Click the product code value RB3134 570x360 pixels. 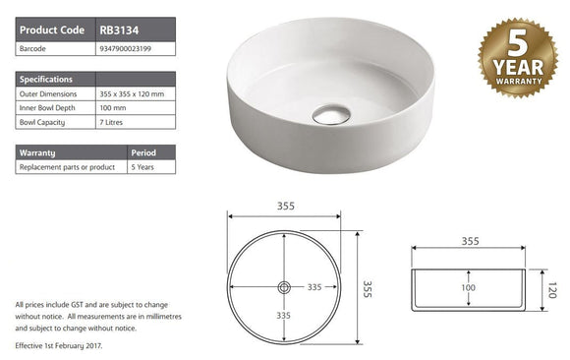[x=119, y=30]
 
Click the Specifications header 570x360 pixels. [x=46, y=79]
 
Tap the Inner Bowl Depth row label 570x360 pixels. [x=49, y=107]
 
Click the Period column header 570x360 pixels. [x=143, y=152]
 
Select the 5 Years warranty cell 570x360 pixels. [x=142, y=167]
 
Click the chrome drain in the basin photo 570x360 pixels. [x=327, y=115]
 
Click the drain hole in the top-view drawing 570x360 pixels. [x=284, y=287]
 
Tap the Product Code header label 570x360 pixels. [x=52, y=30]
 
